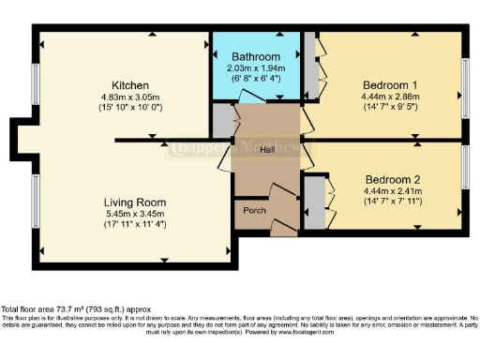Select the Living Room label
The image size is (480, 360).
[x=135, y=202]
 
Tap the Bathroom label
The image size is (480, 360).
[x=256, y=57]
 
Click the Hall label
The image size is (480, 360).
[x=267, y=149]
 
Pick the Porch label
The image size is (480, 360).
[x=254, y=211]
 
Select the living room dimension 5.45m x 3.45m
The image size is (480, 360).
[x=135, y=214]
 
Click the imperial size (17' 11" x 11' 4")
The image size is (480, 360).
[x=135, y=225]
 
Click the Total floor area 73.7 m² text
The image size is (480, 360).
[x=75, y=309]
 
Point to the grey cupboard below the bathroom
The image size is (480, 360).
[x=222, y=120]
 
